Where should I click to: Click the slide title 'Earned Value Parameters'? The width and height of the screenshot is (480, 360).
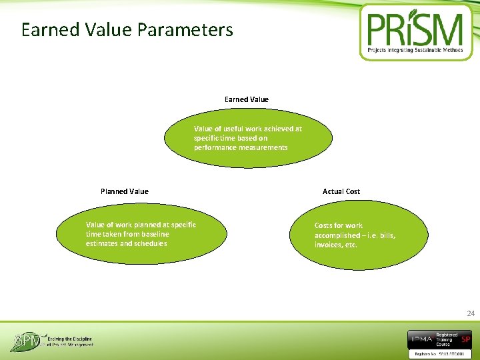click(127, 30)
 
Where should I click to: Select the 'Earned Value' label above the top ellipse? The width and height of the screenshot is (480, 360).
click(246, 99)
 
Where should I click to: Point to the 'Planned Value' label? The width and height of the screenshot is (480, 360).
click(124, 191)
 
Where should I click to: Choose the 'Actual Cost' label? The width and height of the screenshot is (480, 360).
click(341, 191)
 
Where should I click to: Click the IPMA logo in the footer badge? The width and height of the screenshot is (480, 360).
click(422, 339)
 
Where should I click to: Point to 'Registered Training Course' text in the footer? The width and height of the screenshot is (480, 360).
click(447, 339)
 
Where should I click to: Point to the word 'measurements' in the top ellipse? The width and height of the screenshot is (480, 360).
click(264, 147)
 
